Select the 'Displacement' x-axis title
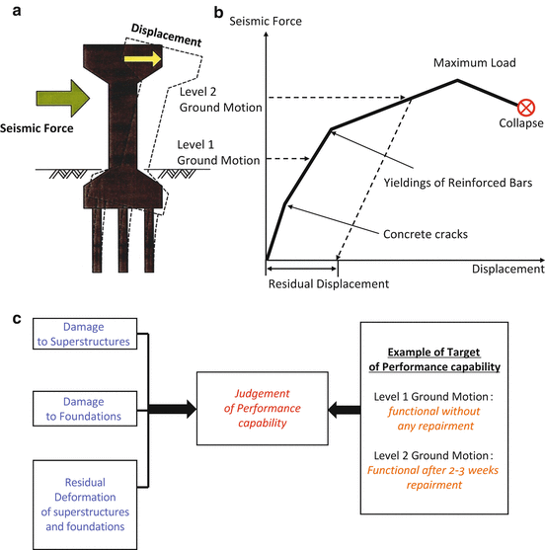coord(507,269)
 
